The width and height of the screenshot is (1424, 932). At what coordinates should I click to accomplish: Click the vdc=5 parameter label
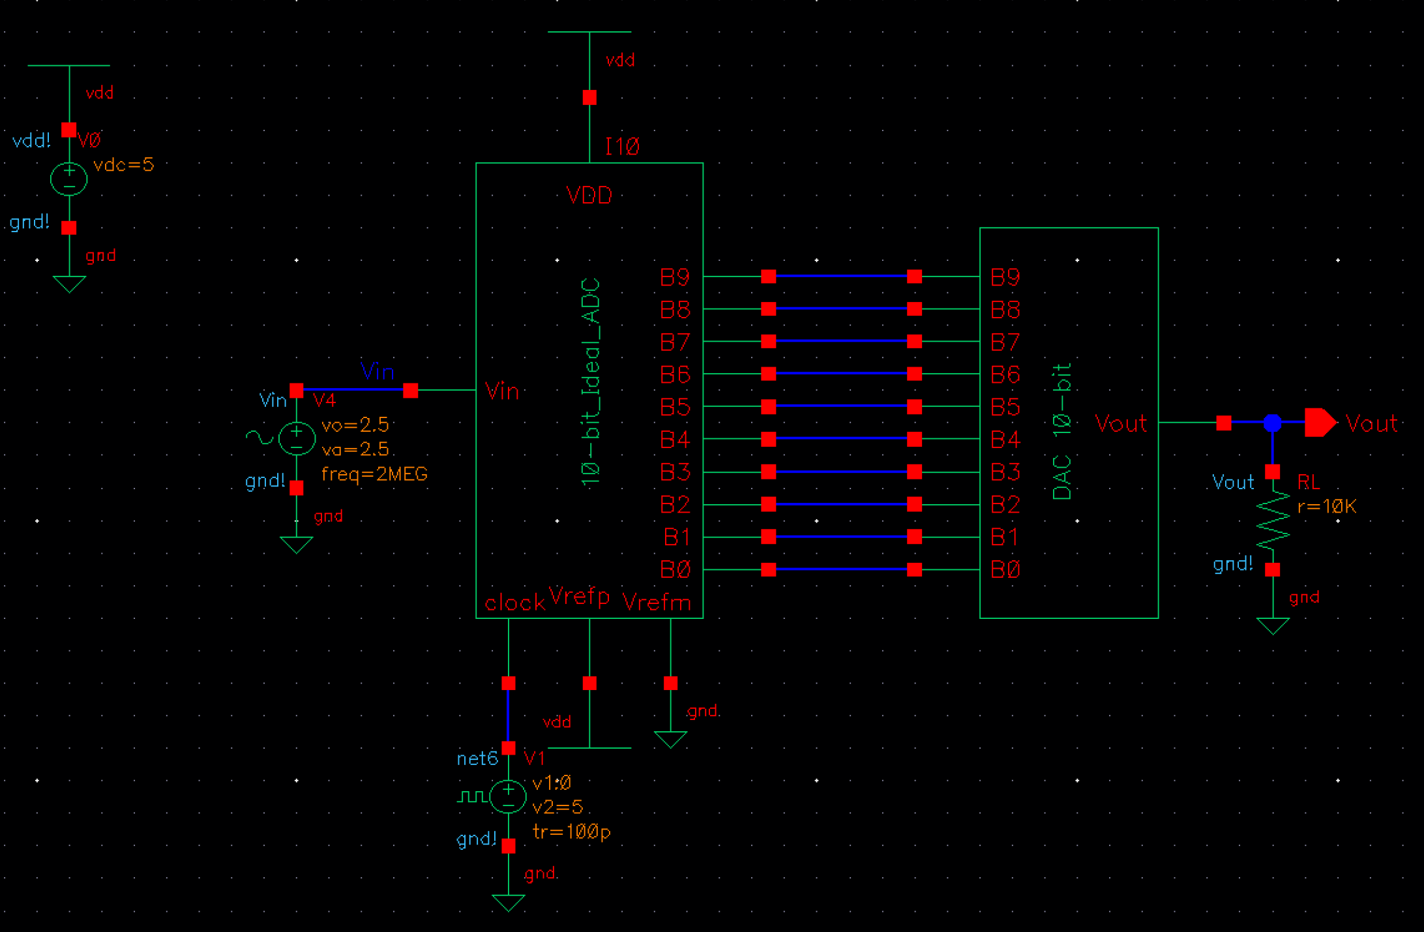(x=123, y=164)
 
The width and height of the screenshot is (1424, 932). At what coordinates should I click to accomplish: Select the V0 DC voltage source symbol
(x=68, y=178)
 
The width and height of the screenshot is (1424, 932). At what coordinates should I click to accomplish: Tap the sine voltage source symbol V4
(x=297, y=438)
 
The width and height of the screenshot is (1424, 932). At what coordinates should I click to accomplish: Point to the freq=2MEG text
(x=374, y=474)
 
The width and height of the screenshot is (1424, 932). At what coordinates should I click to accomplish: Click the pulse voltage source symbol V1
(x=508, y=796)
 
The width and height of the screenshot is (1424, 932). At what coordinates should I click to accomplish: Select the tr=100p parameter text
(x=571, y=832)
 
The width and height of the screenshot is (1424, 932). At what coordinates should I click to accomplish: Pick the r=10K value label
(x=1326, y=507)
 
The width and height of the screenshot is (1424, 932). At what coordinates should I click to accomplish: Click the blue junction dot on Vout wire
(x=1272, y=423)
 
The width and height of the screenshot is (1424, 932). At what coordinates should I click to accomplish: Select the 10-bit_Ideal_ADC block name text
(x=591, y=382)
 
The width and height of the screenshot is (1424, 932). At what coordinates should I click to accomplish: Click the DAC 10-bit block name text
(x=1063, y=432)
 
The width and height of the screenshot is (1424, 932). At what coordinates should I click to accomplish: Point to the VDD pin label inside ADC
(x=589, y=195)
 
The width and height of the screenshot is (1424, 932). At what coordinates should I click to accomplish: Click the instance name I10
(x=621, y=146)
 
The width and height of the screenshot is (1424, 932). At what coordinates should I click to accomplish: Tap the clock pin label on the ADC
(x=514, y=603)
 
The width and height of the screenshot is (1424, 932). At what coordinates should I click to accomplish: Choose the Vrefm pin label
(x=656, y=603)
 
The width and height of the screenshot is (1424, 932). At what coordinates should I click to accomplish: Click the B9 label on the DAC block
(x=1005, y=277)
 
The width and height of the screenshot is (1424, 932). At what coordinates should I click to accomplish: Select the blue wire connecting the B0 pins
(x=841, y=569)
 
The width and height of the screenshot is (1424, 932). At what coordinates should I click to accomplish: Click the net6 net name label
(x=477, y=759)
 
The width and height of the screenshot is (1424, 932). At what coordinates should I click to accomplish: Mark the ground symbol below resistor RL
(x=1273, y=626)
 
